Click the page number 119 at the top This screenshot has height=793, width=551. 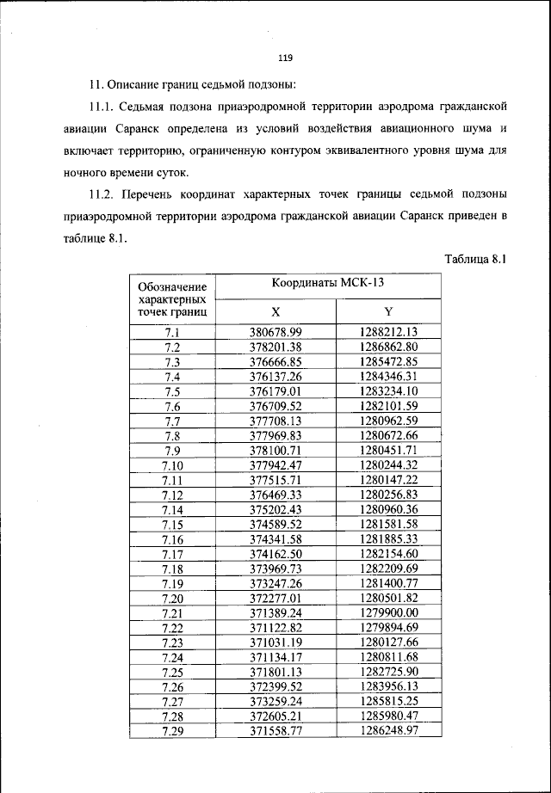coord(286,58)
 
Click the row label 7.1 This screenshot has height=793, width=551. coord(171,332)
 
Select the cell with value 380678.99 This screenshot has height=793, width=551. coord(275,332)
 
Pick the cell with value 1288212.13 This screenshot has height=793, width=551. coord(388,332)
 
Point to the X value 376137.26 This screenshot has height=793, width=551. coord(275,376)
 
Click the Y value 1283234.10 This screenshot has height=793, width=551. coord(388,390)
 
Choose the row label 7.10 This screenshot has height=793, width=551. coord(171,464)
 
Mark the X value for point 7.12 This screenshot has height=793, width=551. coord(275,495)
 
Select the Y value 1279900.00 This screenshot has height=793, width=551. coord(388,612)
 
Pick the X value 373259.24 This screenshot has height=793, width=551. coord(275,700)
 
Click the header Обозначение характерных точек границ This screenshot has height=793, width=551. coord(171,298)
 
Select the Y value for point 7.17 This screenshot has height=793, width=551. coord(388,553)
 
